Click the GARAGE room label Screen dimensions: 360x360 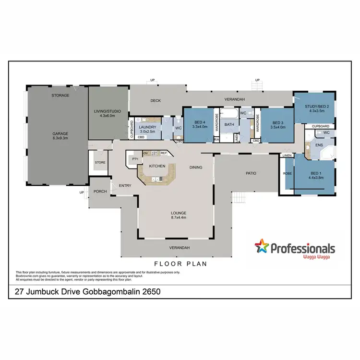[x=60, y=133]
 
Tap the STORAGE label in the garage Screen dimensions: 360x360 [x=60, y=96]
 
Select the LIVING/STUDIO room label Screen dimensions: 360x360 [x=107, y=111]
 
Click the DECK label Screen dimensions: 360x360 [x=155, y=101]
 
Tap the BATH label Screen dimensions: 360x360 [x=229, y=125]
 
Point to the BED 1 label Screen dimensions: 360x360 [x=315, y=173]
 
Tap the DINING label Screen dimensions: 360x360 [x=196, y=168]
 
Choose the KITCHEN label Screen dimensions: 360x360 [x=157, y=166]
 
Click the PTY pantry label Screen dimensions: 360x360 [x=135, y=158]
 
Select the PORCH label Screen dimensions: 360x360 [x=100, y=191]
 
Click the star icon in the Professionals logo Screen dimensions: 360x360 [x=262, y=247]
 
